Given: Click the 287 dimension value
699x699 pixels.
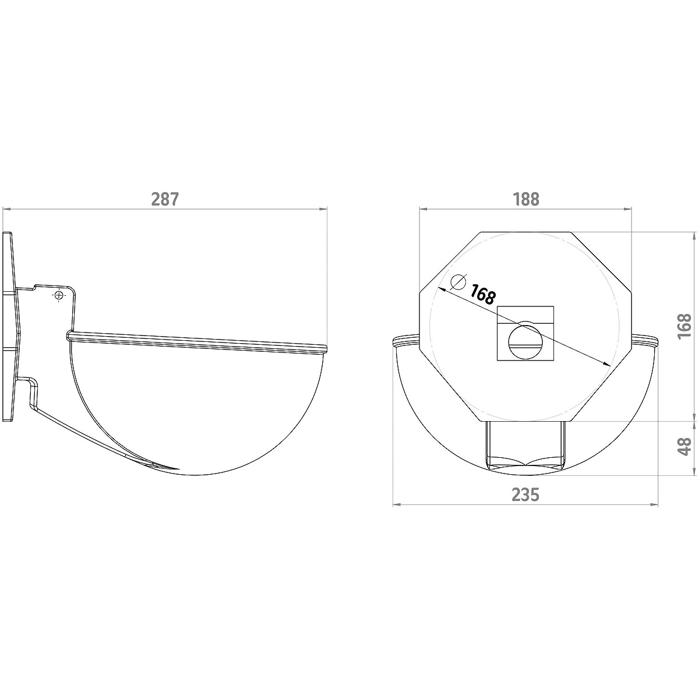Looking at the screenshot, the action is point(165,199).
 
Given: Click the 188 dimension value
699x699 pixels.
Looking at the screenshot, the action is point(525,199).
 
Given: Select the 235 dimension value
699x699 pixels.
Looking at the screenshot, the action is point(525,495).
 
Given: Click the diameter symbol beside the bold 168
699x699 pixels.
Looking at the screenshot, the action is point(458,282).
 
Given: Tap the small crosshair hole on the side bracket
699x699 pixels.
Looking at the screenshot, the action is point(59,295).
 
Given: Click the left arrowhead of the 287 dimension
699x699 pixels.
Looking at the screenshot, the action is point(7,209).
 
